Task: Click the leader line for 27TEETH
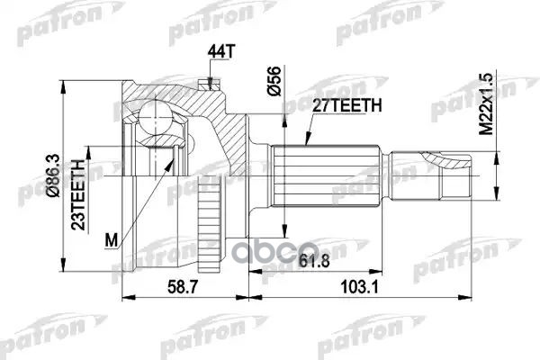click(x=310, y=130)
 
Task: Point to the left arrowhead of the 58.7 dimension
click(x=123, y=292)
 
